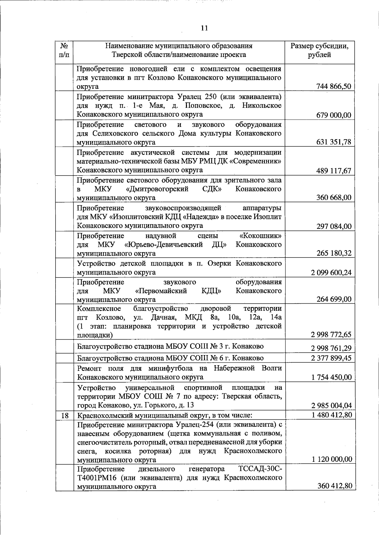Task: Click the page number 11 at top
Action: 204,28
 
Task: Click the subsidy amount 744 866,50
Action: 334,86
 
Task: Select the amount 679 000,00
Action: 334,115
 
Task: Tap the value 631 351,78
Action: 334,142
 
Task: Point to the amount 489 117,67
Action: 334,171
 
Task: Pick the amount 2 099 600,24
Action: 331,273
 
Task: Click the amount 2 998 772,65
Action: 331,335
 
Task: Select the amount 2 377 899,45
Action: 331,358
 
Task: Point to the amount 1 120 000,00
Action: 332,459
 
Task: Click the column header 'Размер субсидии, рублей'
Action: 320,51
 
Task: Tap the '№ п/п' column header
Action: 64,51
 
